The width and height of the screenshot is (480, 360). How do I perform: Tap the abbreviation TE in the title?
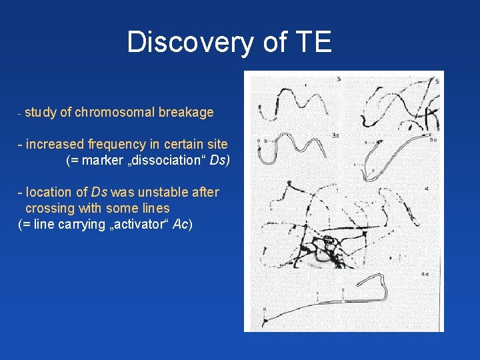(x=311, y=42)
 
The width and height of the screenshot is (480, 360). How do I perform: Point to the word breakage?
(x=186, y=112)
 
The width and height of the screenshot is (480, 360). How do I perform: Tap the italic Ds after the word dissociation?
(x=219, y=161)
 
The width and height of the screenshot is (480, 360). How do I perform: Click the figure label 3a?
(x=335, y=135)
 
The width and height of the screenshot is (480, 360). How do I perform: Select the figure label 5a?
(x=433, y=140)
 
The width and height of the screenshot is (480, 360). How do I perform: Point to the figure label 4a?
(x=425, y=274)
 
